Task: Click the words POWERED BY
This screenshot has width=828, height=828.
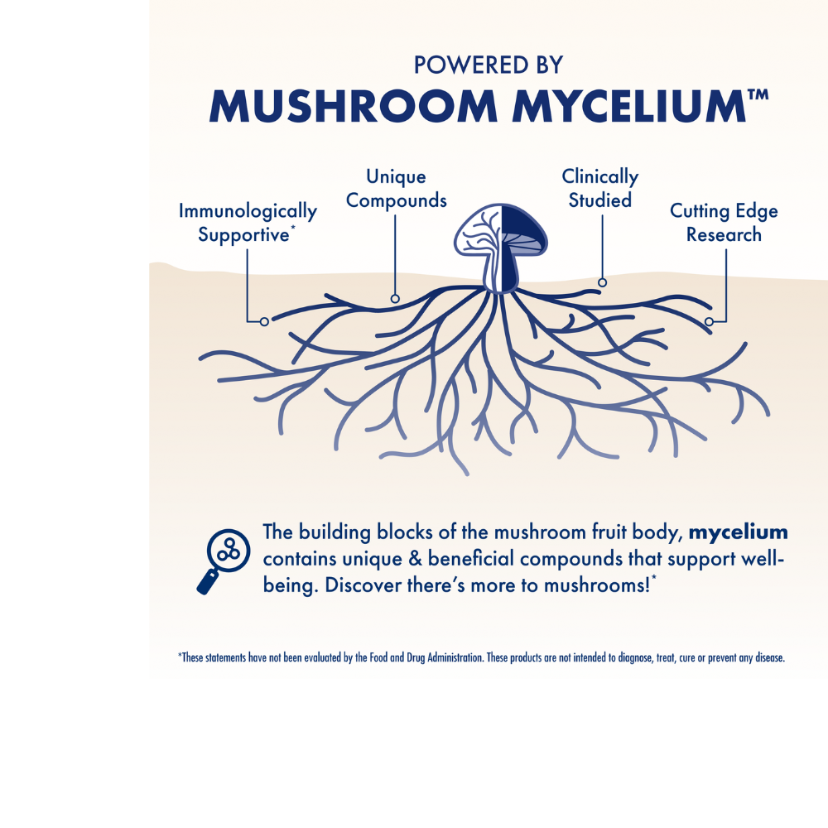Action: point(489,65)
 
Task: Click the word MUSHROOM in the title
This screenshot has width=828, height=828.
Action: point(354,106)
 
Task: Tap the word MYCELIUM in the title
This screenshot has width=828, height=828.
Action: point(629,106)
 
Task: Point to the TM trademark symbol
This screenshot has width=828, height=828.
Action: point(758,95)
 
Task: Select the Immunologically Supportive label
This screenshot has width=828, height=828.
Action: point(248,222)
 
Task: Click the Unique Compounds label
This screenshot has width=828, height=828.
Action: point(396,189)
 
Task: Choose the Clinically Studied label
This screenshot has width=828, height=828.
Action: point(599,189)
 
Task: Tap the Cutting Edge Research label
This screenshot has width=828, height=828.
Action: point(724,222)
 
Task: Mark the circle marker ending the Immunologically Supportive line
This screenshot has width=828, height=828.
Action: point(265,321)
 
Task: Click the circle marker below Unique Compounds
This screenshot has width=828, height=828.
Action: point(395,299)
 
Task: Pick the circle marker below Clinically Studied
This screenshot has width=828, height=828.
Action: point(602,282)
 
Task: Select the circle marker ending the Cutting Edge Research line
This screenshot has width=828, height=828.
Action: point(710,321)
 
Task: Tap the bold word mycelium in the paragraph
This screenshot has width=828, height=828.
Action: point(739,532)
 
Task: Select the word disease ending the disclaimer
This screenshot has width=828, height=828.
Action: point(770,658)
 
